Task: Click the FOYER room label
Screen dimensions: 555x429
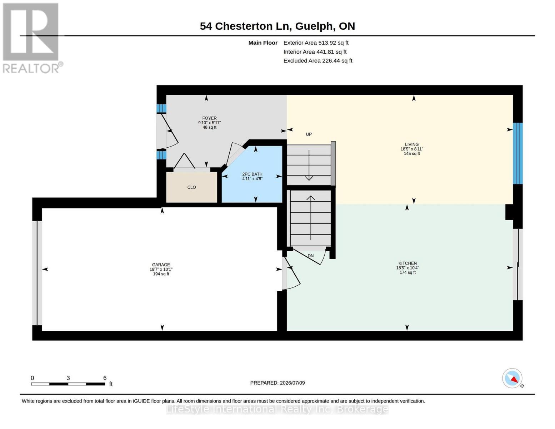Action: pyautogui.click(x=209, y=118)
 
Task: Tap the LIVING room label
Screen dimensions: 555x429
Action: pyautogui.click(x=411, y=144)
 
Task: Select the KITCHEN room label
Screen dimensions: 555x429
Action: pyautogui.click(x=407, y=263)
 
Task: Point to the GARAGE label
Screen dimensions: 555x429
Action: pyautogui.click(x=161, y=265)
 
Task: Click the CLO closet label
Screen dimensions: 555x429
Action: pyautogui.click(x=191, y=187)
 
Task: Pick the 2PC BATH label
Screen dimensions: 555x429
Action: pyautogui.click(x=252, y=174)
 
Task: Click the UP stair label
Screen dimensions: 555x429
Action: pyautogui.click(x=309, y=134)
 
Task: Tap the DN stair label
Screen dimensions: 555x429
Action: pyautogui.click(x=310, y=256)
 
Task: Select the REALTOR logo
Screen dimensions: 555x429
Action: pyautogui.click(x=32, y=38)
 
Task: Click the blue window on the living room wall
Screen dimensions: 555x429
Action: pyautogui.click(x=518, y=153)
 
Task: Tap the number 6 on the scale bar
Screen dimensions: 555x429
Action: pyautogui.click(x=105, y=378)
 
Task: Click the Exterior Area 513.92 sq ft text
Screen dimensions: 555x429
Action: pyautogui.click(x=316, y=43)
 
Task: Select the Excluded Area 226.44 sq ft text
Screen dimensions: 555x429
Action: pyautogui.click(x=318, y=60)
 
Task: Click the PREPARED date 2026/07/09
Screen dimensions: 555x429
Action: pyautogui.click(x=292, y=383)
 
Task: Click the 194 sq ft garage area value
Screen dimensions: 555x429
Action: pyautogui.click(x=161, y=274)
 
